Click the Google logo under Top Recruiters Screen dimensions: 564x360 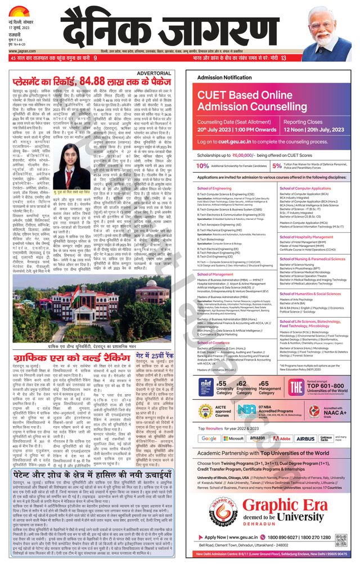(209, 438)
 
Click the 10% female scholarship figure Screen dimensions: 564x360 (201, 166)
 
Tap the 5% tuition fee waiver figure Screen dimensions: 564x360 (277, 166)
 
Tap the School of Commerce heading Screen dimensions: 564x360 (213, 342)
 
